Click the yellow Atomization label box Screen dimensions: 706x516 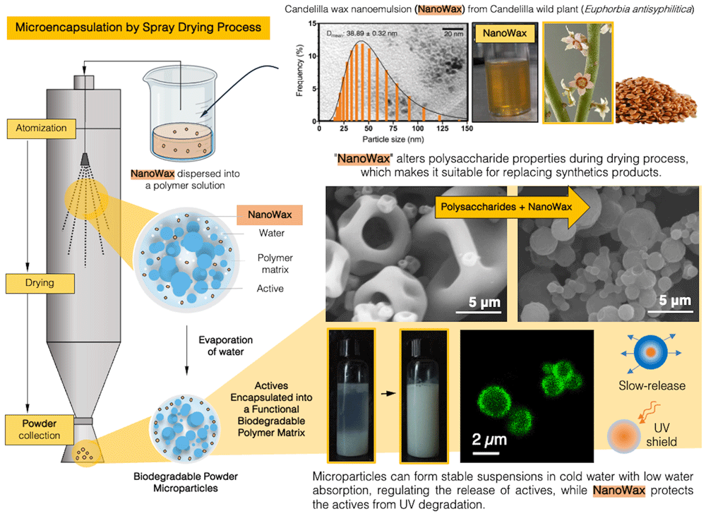pos(41,128)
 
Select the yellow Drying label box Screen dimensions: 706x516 pos(40,283)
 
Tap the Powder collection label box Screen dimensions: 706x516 pos(39,430)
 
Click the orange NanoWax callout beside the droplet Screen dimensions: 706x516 pos(269,215)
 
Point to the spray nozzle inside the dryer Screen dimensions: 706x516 pos(85,159)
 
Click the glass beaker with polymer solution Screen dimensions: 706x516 pos(181,112)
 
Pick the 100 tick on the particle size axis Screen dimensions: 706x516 pos(418,128)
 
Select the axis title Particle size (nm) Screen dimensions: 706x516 pos(393,140)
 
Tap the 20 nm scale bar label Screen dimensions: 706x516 pos(453,34)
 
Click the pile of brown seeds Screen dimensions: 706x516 pos(656,101)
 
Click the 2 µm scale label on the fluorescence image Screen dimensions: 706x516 pos(489,439)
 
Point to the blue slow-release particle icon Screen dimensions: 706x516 pos(651,352)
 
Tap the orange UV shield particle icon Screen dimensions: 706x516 pos(623,436)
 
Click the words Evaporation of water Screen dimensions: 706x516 pos(226,346)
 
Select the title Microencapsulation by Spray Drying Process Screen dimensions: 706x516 pos(138,28)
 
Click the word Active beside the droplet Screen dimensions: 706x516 pos(270,289)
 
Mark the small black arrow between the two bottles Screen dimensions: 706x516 pos(388,393)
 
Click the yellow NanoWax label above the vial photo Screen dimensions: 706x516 pos(505,33)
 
